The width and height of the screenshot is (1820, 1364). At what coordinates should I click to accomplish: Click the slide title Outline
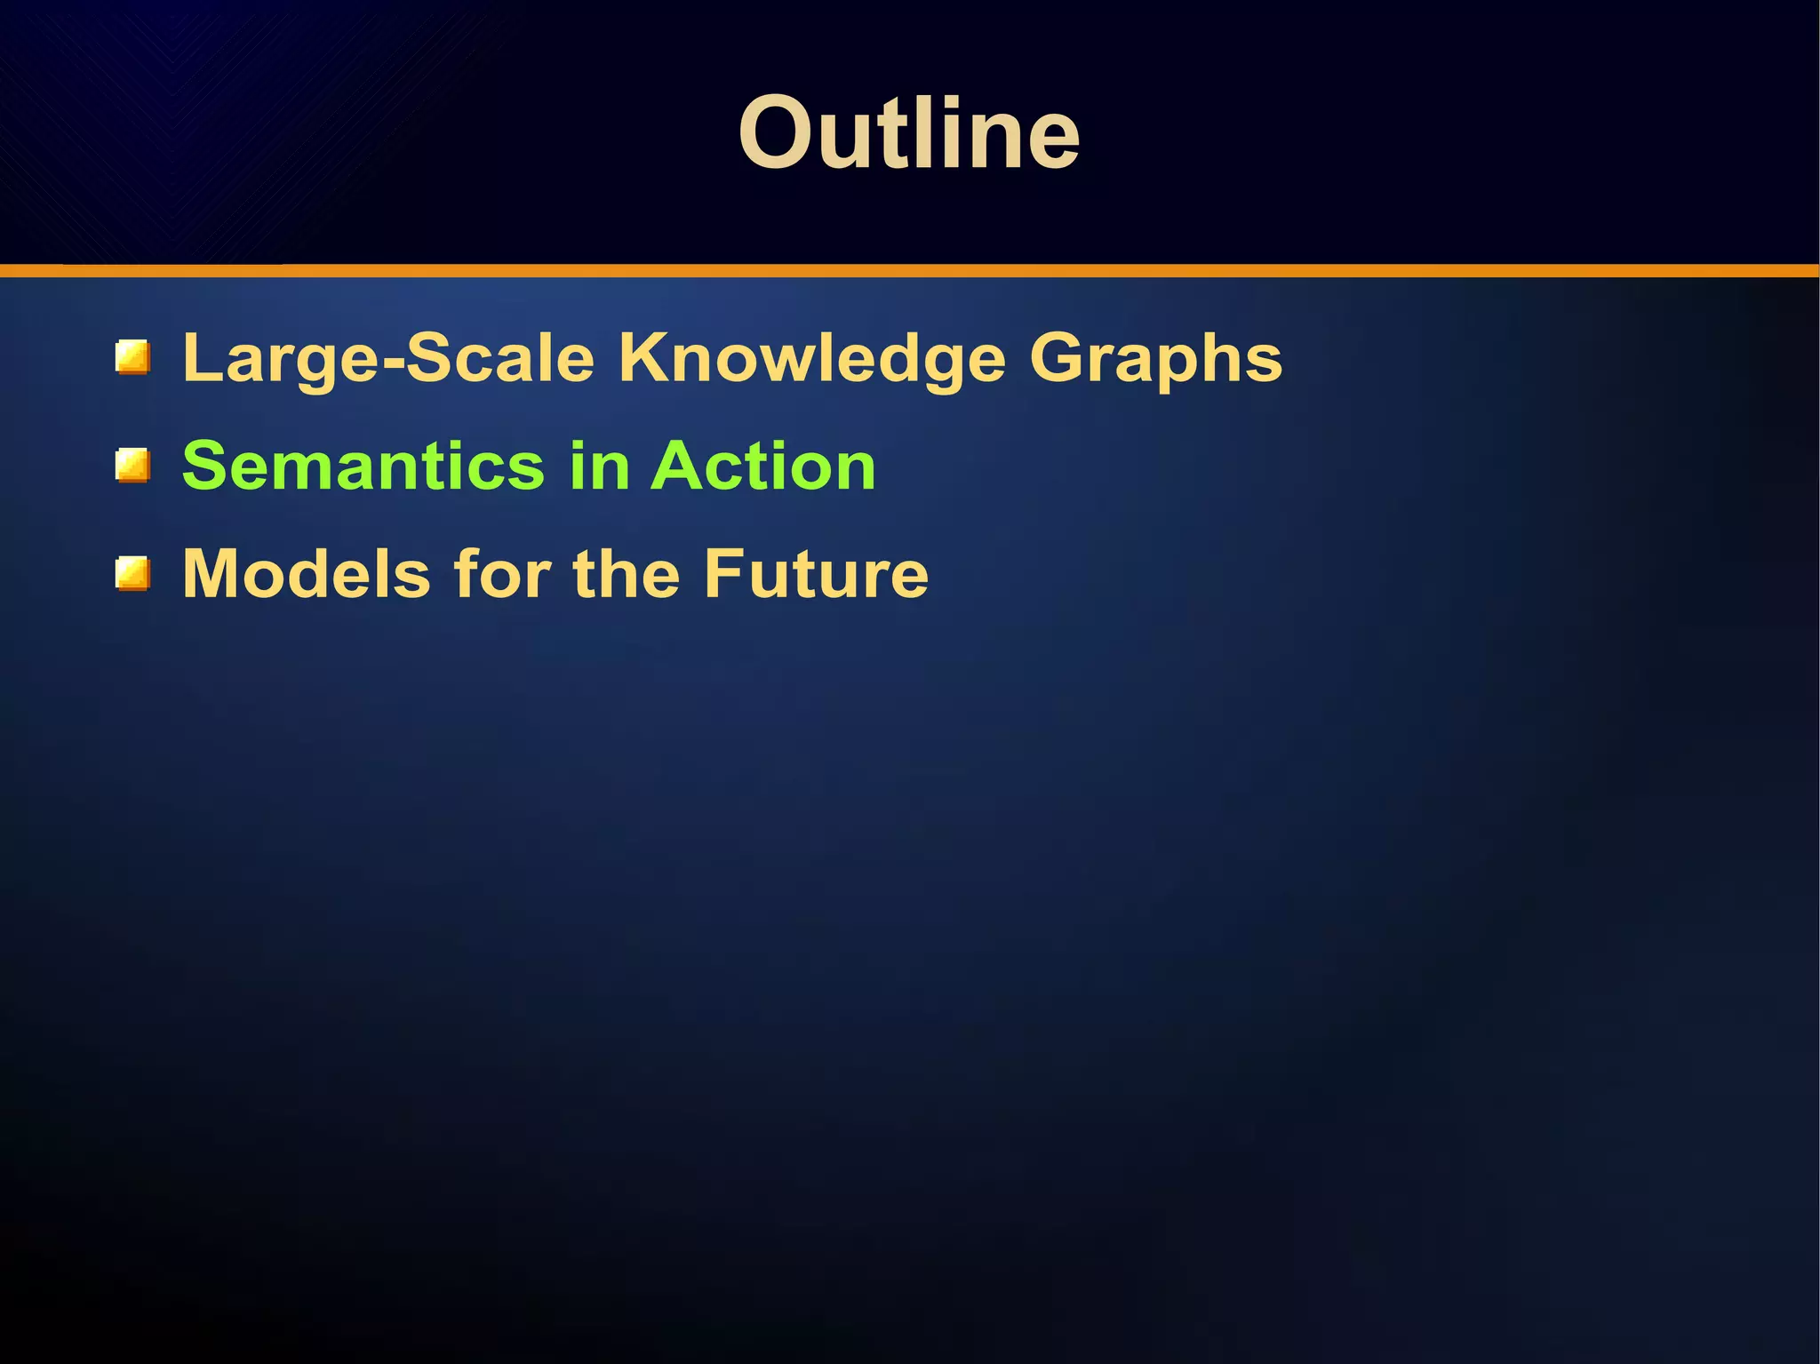(x=908, y=133)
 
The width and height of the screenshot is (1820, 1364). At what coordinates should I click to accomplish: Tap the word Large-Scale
(x=387, y=357)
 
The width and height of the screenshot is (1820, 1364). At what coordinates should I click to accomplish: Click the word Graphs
(x=1155, y=359)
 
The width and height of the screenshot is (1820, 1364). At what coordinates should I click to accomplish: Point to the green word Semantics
(x=363, y=466)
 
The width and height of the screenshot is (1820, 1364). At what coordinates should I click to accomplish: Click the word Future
(x=815, y=573)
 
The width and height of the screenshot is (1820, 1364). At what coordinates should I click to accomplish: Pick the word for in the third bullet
(x=502, y=573)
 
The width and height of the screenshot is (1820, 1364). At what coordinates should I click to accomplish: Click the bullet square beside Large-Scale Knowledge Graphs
(x=132, y=357)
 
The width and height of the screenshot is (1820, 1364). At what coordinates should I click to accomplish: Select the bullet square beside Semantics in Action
(x=132, y=466)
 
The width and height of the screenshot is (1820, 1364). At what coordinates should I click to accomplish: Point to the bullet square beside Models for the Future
(x=132, y=573)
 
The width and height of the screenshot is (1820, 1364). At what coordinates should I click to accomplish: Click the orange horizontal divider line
(x=910, y=270)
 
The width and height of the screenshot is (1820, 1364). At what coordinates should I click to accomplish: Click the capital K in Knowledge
(x=646, y=357)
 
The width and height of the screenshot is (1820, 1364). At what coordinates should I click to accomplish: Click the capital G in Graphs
(x=1059, y=357)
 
